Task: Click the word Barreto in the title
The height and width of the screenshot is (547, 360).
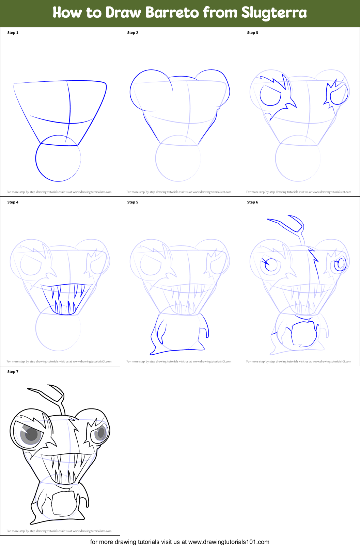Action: pyautogui.click(x=172, y=13)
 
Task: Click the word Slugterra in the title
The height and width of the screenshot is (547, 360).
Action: pyautogui.click(x=274, y=13)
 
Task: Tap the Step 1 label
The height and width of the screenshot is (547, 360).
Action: pyautogui.click(x=13, y=33)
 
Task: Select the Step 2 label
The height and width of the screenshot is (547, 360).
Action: pyautogui.click(x=133, y=33)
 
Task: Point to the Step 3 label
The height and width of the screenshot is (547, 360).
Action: pyautogui.click(x=253, y=33)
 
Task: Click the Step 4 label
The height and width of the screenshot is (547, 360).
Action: pyautogui.click(x=13, y=202)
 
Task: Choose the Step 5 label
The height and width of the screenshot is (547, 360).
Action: pyautogui.click(x=133, y=202)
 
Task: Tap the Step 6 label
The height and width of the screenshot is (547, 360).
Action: pyautogui.click(x=253, y=202)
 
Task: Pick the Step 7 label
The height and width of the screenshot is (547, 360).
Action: pyautogui.click(x=13, y=372)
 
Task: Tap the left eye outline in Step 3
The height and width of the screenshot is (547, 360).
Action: pyautogui.click(x=270, y=95)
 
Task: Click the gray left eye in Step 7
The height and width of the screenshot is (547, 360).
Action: pyautogui.click(x=31, y=434)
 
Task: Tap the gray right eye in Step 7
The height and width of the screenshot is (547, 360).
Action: pyautogui.click(x=100, y=433)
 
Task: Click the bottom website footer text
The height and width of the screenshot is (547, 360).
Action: pyautogui.click(x=180, y=542)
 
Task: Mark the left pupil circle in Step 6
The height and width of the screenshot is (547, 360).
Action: pyautogui.click(x=271, y=264)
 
